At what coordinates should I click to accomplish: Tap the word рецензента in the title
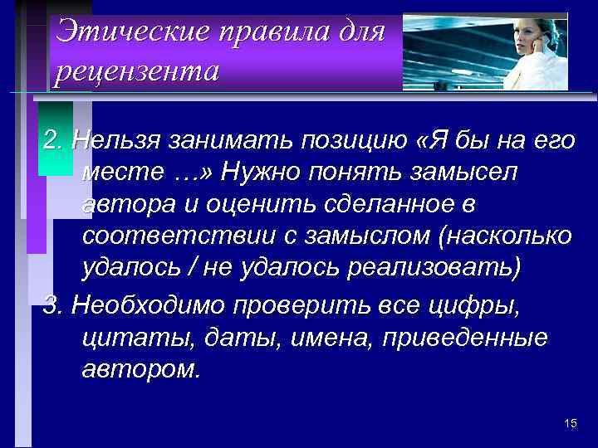pos(137,72)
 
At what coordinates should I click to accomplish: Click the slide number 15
pos(570,424)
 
